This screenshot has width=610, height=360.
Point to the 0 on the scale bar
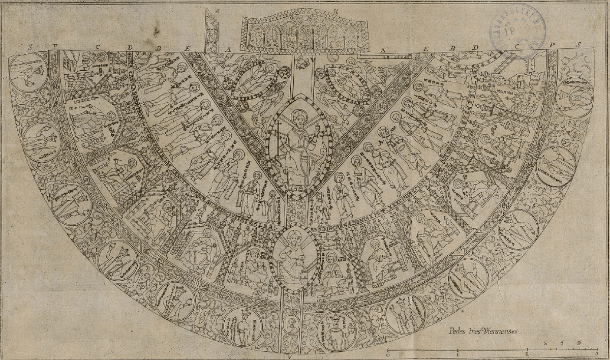click(x=388, y=356)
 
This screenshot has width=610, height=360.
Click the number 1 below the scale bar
click(x=458, y=356)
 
